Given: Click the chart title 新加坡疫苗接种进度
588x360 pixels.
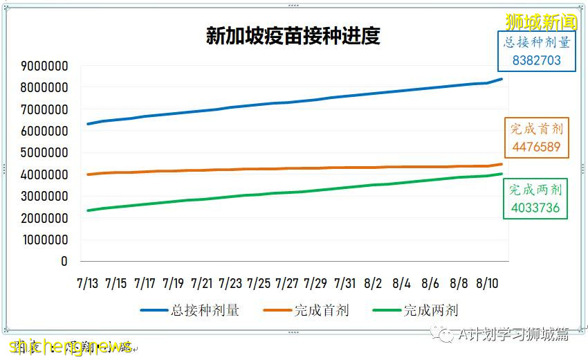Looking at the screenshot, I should tap(293, 36).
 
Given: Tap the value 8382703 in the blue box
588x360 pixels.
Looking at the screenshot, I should tap(537, 60).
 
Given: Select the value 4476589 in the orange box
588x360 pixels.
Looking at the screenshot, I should tap(537, 147).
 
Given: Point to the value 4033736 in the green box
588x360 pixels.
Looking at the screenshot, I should tap(535, 208).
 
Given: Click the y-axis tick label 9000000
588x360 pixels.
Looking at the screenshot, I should tap(44, 66).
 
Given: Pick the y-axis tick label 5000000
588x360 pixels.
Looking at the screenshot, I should tap(44, 153).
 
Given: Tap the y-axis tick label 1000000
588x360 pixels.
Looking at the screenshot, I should tap(44, 240).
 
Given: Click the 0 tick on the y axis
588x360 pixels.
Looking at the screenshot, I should tap(64, 261).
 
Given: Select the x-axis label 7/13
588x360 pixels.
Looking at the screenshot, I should tap(87, 283).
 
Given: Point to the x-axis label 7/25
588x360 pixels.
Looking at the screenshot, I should tap(259, 283).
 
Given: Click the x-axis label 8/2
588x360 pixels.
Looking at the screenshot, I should tap(373, 283).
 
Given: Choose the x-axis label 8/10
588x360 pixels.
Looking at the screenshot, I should tap(488, 283).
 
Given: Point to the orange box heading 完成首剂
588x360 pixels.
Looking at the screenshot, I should tap(537, 129).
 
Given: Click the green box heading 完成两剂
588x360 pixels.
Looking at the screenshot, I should tap(535, 190).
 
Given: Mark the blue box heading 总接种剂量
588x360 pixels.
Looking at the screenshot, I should tap(537, 42).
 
